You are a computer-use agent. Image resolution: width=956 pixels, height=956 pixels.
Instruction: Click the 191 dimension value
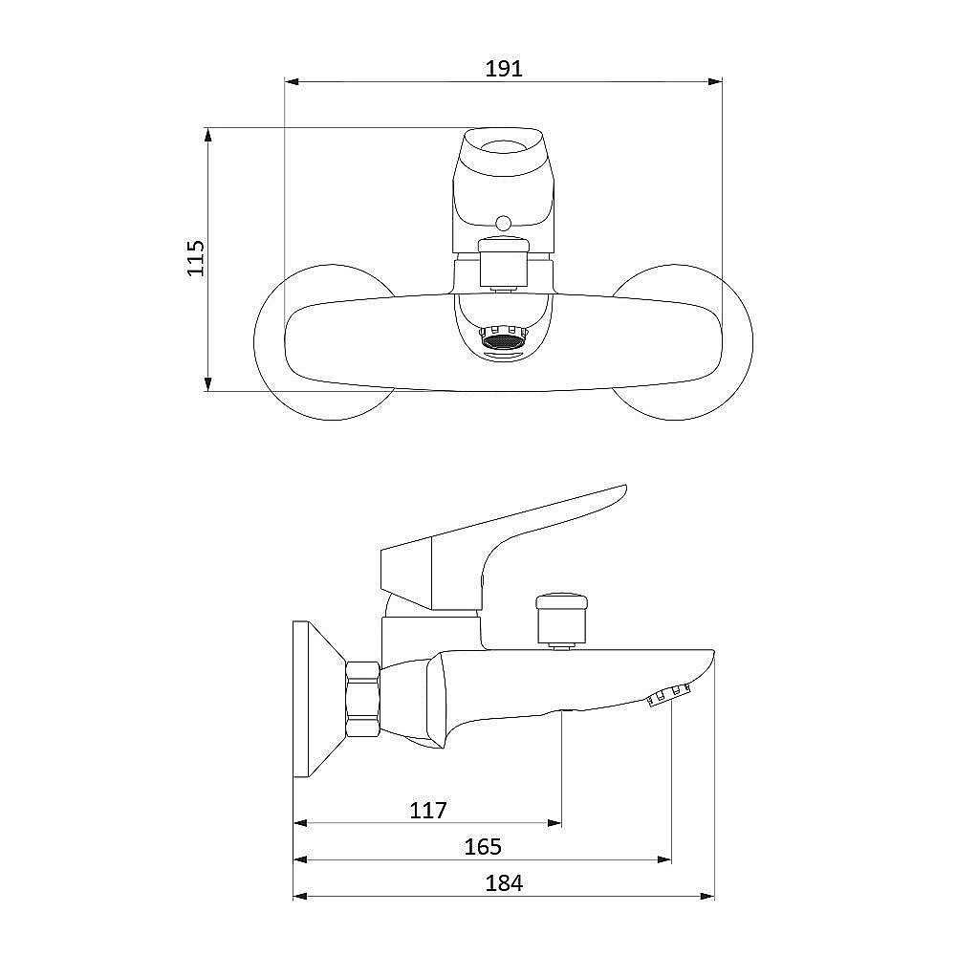point(504,68)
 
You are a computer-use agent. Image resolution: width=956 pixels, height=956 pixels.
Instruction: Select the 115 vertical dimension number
point(196,258)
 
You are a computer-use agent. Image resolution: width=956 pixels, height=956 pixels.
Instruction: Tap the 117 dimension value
point(428,811)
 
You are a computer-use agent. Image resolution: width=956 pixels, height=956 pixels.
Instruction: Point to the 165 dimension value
point(483,847)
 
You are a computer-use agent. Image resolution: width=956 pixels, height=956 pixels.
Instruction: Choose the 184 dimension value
point(504,883)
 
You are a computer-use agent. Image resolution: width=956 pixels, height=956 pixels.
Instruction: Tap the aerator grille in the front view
point(503,338)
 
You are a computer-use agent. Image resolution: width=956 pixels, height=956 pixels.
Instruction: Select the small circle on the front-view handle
point(504,223)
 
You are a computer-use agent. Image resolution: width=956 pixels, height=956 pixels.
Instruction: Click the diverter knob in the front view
point(504,264)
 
